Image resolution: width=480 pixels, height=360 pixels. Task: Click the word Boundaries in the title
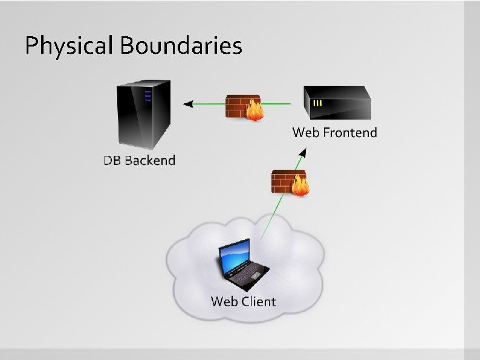tap(181, 45)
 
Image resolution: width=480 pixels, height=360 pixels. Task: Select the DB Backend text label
tap(139, 161)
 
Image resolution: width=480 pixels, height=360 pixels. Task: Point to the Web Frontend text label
tap(334, 132)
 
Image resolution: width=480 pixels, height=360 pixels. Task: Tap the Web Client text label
tap(243, 301)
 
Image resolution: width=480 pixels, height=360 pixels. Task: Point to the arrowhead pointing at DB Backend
tap(188, 104)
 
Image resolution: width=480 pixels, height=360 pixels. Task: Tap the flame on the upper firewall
tap(255, 111)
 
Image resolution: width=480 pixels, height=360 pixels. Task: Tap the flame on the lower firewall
tap(300, 187)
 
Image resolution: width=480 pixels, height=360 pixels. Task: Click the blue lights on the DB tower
tap(147, 96)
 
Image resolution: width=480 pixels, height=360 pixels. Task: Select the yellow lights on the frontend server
tap(317, 103)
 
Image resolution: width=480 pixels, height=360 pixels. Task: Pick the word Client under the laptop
tap(258, 301)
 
